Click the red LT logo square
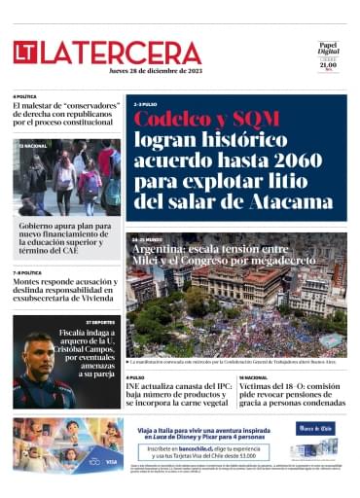(x=24, y=53)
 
